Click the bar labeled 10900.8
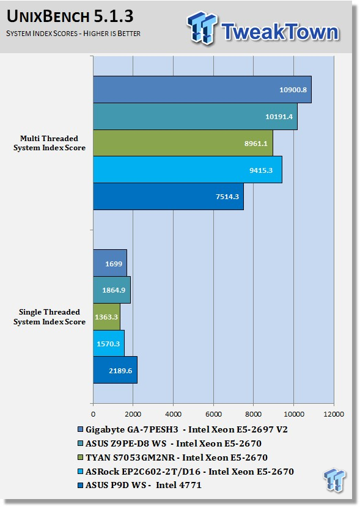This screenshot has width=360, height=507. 202,90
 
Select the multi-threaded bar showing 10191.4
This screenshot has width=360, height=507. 195,117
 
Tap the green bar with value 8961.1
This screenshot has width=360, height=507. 183,143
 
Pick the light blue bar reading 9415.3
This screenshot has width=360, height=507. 188,170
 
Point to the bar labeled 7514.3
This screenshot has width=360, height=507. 168,197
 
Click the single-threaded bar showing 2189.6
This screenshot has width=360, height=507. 115,370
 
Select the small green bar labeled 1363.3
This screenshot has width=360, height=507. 106,317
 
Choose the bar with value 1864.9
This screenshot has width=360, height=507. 112,290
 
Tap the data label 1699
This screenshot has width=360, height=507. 114,264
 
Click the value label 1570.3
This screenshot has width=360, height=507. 108,344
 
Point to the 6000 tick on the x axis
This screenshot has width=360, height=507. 213,414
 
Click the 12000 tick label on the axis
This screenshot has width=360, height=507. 334,414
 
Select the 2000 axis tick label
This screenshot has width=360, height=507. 133,414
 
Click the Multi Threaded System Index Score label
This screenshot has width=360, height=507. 50,143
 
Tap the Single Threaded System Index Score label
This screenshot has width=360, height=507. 50,317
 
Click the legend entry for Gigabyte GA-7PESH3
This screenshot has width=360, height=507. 183,429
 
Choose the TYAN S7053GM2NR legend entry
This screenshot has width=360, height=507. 173,458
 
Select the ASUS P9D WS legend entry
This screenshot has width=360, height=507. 139,485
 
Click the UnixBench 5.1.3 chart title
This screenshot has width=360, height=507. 70,16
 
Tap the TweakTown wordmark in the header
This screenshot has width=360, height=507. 280,31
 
